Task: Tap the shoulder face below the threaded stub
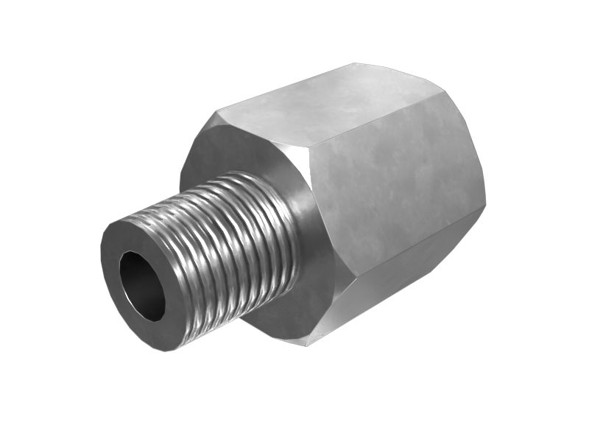294,317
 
